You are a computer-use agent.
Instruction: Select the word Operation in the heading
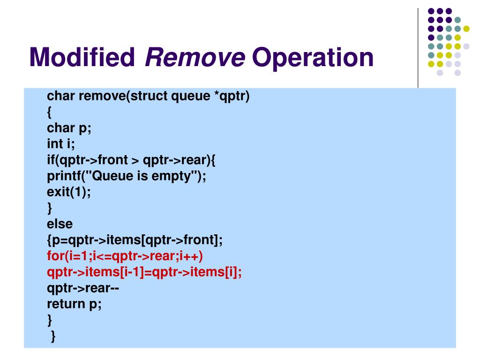(x=313, y=58)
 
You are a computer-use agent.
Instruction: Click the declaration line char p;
(x=69, y=128)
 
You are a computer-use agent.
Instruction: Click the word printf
(x=65, y=176)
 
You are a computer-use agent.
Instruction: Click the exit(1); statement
(x=68, y=192)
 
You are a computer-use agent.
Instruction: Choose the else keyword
(x=60, y=224)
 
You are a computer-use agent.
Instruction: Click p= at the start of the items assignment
(x=59, y=240)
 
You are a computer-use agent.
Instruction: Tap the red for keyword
(x=55, y=256)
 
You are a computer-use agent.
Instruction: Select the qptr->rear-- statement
(x=83, y=288)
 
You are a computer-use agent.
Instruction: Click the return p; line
(x=74, y=304)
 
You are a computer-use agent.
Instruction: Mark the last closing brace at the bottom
(x=53, y=336)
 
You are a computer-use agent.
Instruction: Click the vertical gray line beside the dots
(x=418, y=47)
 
